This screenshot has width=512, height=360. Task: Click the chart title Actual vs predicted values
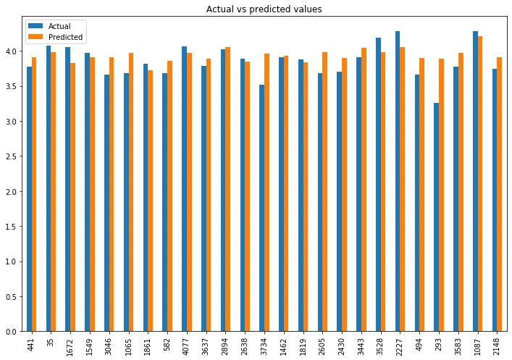[264, 9]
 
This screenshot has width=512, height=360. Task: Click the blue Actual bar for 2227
[398, 181]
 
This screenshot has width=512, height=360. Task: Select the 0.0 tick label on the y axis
[13, 332]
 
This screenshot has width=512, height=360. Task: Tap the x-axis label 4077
[185, 346]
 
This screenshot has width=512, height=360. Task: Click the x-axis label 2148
[496, 346]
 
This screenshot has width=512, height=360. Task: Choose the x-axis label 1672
[68, 346]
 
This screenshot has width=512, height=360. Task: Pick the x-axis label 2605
[321, 346]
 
